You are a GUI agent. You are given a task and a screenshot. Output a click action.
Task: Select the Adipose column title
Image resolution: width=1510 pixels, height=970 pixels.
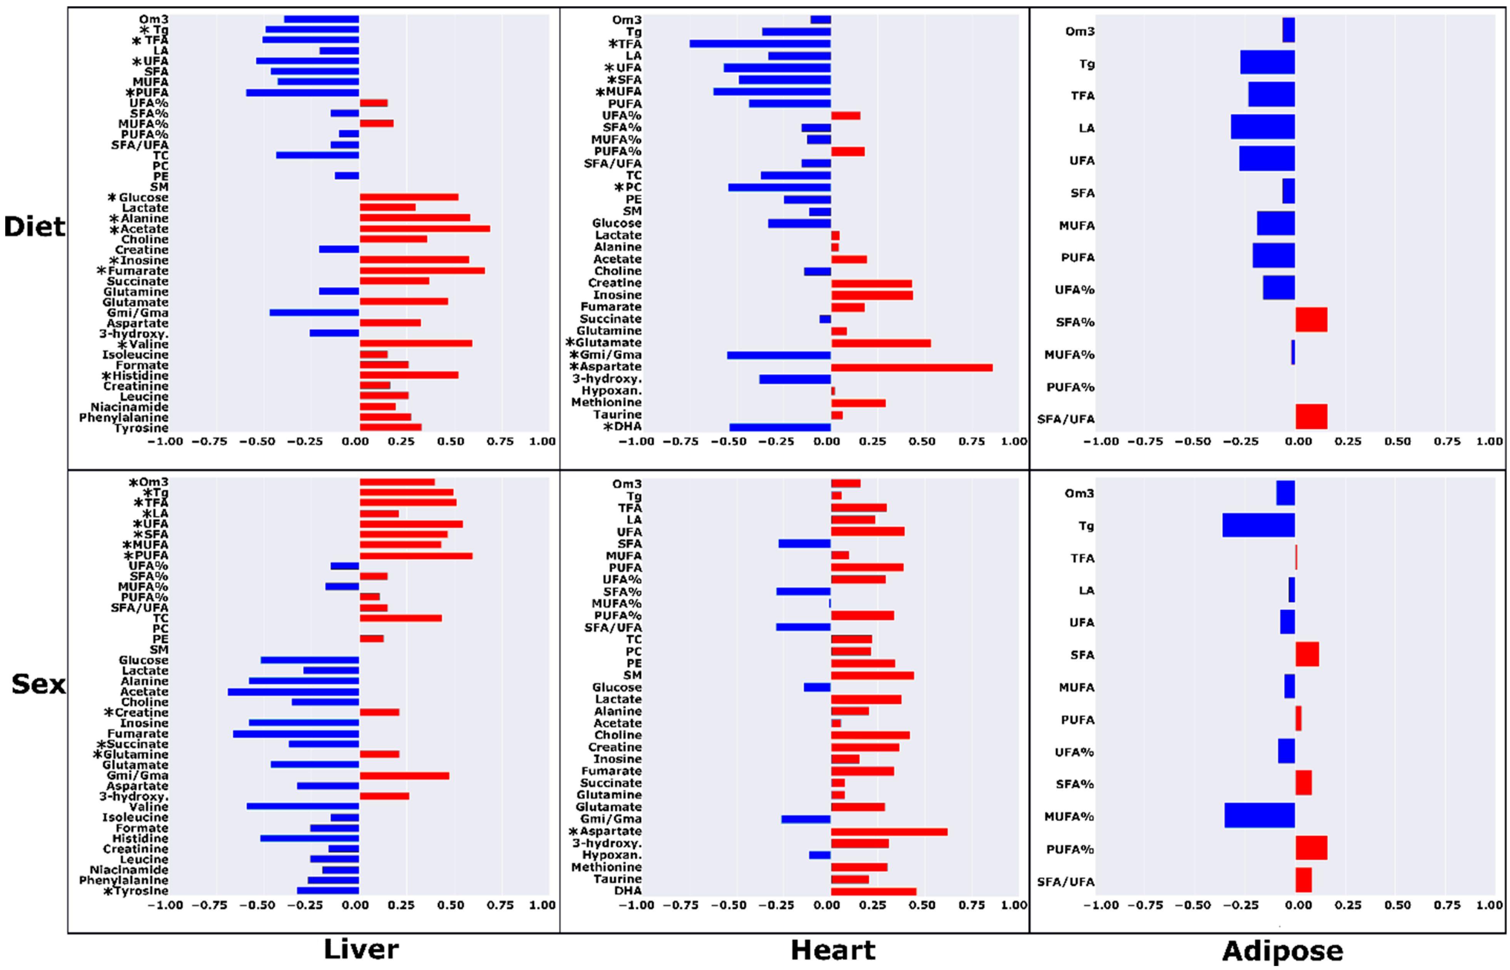point(1282,950)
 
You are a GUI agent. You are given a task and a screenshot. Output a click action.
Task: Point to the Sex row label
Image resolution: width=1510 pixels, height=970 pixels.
point(38,684)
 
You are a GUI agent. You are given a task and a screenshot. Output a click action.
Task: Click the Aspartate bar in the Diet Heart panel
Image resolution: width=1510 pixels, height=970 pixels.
point(911,367)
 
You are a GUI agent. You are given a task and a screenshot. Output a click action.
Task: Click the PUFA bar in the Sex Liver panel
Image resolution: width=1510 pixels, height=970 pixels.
point(416,555)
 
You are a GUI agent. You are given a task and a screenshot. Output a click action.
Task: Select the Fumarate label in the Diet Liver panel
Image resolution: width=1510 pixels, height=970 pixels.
point(137,271)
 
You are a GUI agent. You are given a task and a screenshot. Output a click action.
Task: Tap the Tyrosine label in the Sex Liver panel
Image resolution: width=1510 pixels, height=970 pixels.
point(141,891)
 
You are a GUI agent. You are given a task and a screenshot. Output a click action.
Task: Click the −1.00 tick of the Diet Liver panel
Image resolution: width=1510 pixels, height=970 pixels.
point(165,442)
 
